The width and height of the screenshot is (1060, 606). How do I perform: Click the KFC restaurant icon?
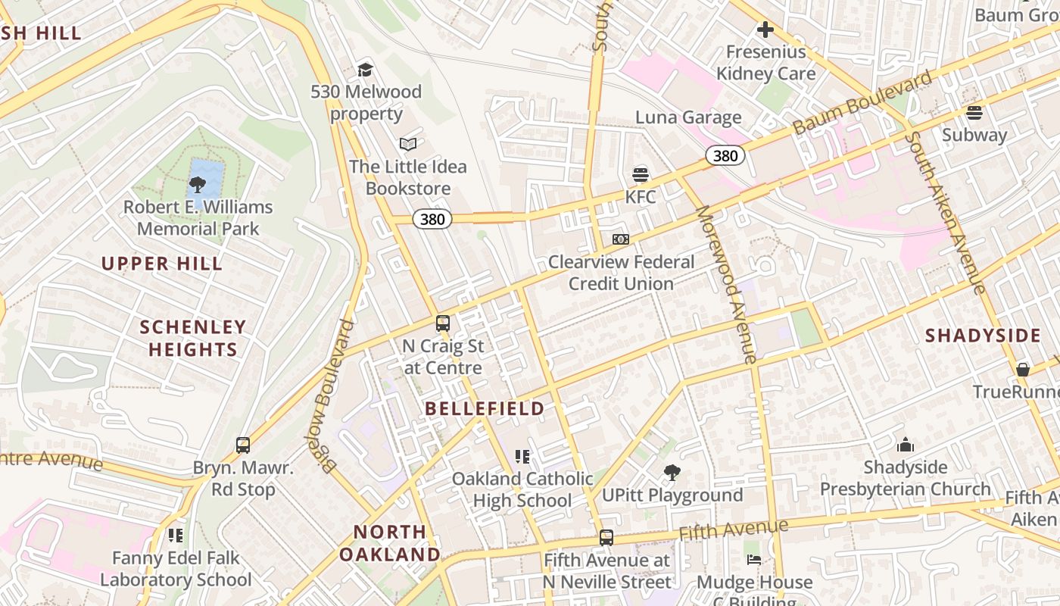tap(641, 175)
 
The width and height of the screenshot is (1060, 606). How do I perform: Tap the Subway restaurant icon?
tap(974, 113)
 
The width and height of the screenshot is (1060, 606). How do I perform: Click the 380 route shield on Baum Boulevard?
tap(725, 155)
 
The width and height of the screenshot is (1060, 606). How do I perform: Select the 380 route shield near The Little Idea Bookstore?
tap(432, 220)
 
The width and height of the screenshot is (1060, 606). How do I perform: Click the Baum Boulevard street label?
tap(862, 103)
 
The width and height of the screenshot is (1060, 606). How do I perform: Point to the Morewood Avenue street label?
tap(726, 284)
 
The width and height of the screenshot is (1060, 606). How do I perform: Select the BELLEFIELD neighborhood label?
tap(485, 408)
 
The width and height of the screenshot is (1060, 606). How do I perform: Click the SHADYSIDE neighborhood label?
tap(983, 336)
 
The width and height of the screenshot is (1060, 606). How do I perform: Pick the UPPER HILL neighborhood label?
tap(162, 264)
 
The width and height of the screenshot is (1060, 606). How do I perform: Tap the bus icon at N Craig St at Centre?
tap(443, 323)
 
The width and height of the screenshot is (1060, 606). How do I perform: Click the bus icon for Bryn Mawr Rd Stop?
tap(243, 445)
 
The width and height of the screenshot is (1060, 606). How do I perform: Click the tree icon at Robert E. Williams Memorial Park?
tap(198, 183)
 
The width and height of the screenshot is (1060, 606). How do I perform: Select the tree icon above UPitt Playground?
tap(672, 473)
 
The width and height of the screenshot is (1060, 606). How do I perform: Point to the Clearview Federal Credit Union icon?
tap(621, 239)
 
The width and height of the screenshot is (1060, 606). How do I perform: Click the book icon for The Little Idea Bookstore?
tap(408, 144)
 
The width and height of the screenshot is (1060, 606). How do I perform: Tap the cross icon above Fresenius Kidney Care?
tap(765, 30)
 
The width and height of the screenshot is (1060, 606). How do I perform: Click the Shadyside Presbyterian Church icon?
tap(905, 445)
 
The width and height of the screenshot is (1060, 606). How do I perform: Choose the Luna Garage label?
tap(688, 117)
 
